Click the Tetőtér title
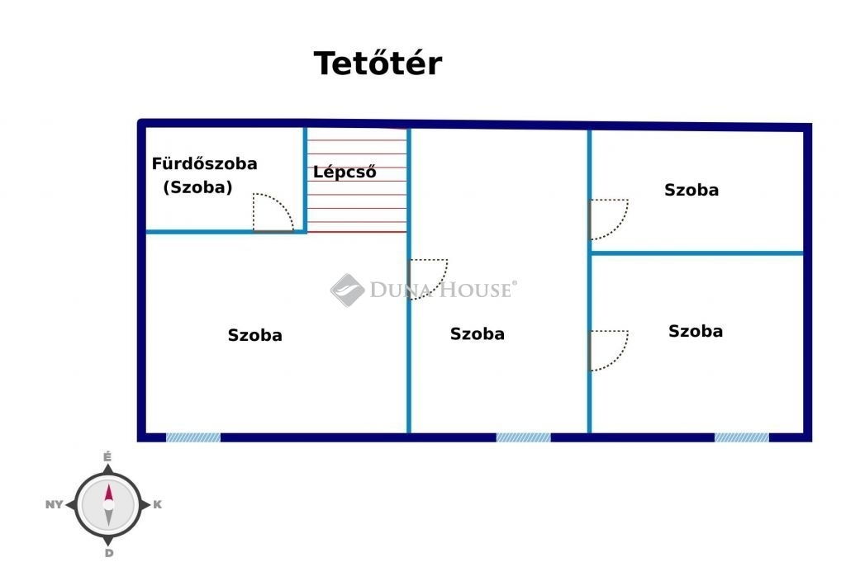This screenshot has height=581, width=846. pos(378,63)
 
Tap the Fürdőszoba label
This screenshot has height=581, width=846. pos(205,164)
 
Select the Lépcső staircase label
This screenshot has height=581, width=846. pos(345,172)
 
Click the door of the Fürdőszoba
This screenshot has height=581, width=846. pos(273,212)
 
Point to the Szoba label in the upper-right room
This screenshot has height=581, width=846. pos(692,190)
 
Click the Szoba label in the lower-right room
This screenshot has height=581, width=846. pos(696,331)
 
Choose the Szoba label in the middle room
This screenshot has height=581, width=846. pos(478,333)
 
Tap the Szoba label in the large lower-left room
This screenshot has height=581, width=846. pos(254,335)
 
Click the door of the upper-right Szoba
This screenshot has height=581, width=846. pos(609,220)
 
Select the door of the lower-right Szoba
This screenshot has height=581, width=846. pos(609,350)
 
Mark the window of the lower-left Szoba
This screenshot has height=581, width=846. pos(193,437)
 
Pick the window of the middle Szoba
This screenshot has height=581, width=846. pos(523,437)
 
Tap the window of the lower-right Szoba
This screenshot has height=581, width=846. pos(742,437)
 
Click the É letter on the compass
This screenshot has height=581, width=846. pos(107,457)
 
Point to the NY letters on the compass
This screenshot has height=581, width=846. pos(54,505)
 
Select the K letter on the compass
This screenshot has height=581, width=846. pos(158,505)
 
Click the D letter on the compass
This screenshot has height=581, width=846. pos(109,554)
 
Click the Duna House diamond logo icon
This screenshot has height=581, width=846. pos(347,290)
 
